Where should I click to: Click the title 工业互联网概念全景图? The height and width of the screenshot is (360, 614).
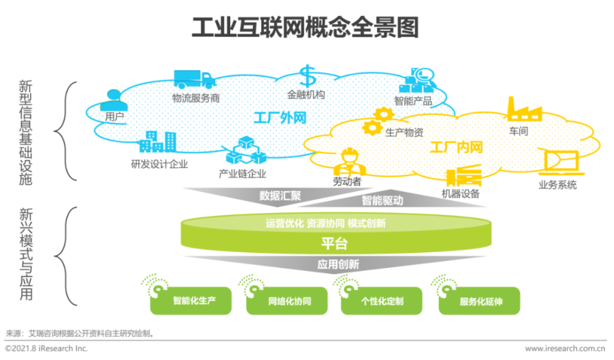coord(305,28)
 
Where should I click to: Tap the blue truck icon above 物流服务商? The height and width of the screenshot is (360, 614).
coord(194,79)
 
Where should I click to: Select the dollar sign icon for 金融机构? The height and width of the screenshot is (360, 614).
coord(306,77)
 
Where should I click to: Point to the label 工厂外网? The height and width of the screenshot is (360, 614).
coord(280,117)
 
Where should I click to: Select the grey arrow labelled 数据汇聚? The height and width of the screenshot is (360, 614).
coord(279,196)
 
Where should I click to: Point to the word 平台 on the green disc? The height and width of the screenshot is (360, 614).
coord(334,244)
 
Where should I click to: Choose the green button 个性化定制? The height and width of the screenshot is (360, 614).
coord(382,301)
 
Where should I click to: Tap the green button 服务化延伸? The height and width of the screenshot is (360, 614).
coord(480,301)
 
